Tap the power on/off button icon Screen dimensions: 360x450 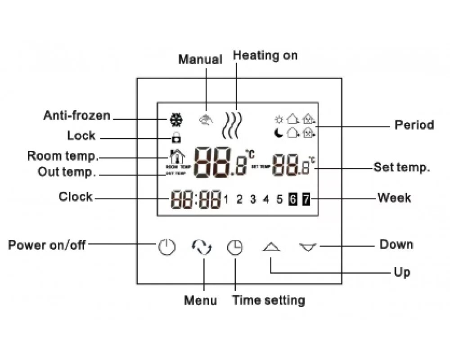click(166, 247)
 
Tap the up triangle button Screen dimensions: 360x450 click(271, 247)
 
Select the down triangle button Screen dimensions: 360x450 click(308, 247)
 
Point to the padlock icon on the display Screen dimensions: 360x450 click(176, 138)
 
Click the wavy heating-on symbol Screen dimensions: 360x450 click(233, 125)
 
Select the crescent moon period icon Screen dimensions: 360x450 click(279, 132)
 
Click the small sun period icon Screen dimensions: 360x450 click(279, 119)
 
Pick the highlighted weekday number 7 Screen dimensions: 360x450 click(306, 198)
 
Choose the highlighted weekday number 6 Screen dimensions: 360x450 click(292, 198)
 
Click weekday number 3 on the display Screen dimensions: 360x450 click(253, 199)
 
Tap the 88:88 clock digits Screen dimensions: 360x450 click(196, 198)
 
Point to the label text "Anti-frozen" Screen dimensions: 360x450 click(76, 116)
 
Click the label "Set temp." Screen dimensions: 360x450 click(402, 168)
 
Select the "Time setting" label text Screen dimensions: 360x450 click(268, 300)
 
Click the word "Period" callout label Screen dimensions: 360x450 click(414, 125)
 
